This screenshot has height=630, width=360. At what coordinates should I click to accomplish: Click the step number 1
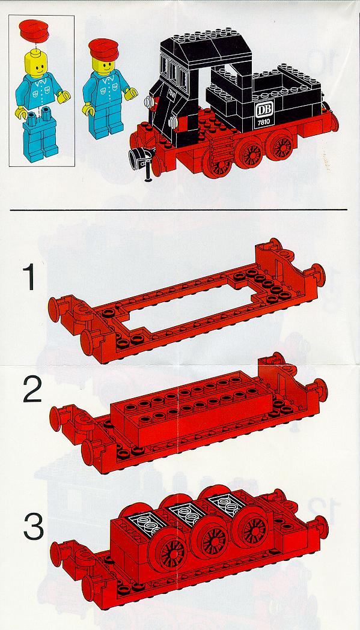pos(29,277)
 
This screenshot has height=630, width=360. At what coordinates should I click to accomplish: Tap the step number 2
pos(32,390)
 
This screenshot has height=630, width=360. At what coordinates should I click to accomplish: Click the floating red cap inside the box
pos(34,30)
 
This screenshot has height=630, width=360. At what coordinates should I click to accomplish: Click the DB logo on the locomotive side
pos(264,109)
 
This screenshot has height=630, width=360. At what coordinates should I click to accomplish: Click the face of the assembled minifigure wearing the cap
pos(104,65)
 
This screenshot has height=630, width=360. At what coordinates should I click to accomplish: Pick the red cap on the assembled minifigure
pos(103,50)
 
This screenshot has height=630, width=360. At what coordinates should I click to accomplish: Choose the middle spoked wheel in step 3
pos(211,537)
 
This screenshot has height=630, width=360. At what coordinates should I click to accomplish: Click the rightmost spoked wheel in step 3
pos(252,526)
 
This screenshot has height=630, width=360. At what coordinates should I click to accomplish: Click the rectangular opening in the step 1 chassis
pos(189,309)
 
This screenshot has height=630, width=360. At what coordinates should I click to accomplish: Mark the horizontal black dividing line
pos(178,210)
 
